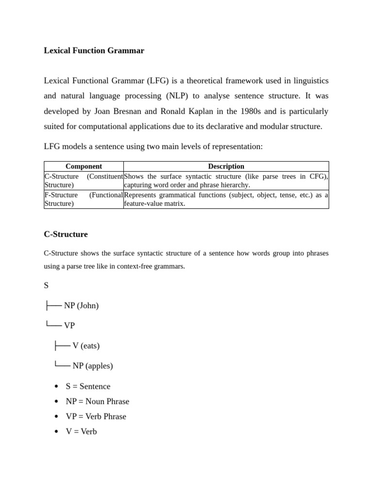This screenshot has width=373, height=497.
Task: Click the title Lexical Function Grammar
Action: click(94, 50)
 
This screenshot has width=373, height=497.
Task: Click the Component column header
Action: click(84, 166)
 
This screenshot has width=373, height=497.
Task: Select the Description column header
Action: click(226, 166)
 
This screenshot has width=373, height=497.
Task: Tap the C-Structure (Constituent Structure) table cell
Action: click(84, 181)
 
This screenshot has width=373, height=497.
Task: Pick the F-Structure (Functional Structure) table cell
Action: click(84, 199)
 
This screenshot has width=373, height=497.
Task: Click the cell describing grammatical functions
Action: click(226, 199)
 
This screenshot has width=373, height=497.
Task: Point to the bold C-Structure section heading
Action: click(66, 234)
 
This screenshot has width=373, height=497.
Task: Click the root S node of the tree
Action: click(46, 285)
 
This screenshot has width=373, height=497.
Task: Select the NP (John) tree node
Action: click(81, 306)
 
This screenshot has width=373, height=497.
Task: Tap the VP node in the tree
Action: click(69, 326)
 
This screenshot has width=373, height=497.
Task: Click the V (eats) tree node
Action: click(86, 346)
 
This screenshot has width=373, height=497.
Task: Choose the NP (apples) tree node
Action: click(92, 366)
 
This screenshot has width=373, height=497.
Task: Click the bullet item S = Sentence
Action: click(88, 386)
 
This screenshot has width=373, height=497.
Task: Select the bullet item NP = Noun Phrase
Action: click(97, 401)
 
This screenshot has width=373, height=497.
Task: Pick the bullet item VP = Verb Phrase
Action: click(96, 416)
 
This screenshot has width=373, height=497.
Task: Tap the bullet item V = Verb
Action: click(81, 431)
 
